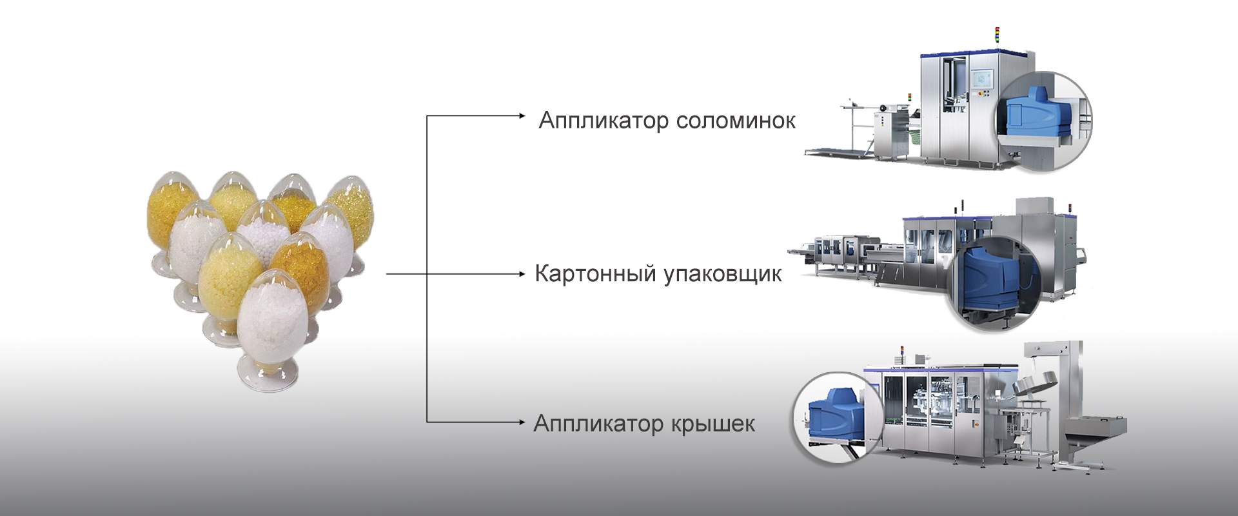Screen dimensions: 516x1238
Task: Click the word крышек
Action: pos(712,424)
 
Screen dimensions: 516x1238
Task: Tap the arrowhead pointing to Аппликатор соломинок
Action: pos(523,116)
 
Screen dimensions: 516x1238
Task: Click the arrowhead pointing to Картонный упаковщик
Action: pos(523,274)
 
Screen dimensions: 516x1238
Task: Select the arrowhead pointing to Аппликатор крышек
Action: pos(523,422)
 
